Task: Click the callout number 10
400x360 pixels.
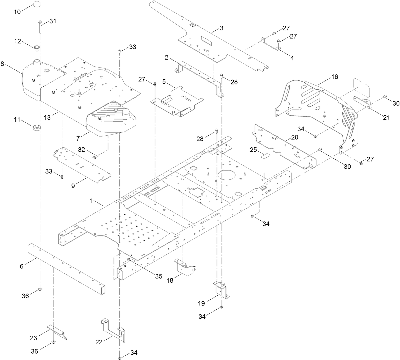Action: (x=17, y=12)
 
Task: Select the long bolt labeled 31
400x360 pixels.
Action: (x=40, y=27)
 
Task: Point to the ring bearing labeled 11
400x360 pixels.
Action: (x=37, y=128)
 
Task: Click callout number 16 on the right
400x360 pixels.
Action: (x=334, y=77)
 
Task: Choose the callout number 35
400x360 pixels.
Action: (x=159, y=276)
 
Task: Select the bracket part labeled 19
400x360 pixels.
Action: (x=221, y=290)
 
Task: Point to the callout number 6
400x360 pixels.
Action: (x=22, y=266)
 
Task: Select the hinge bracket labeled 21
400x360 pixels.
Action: (x=363, y=103)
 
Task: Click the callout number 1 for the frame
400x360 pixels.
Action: (x=92, y=201)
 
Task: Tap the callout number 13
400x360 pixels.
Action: (x=48, y=117)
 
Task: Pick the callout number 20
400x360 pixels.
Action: (x=295, y=137)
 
